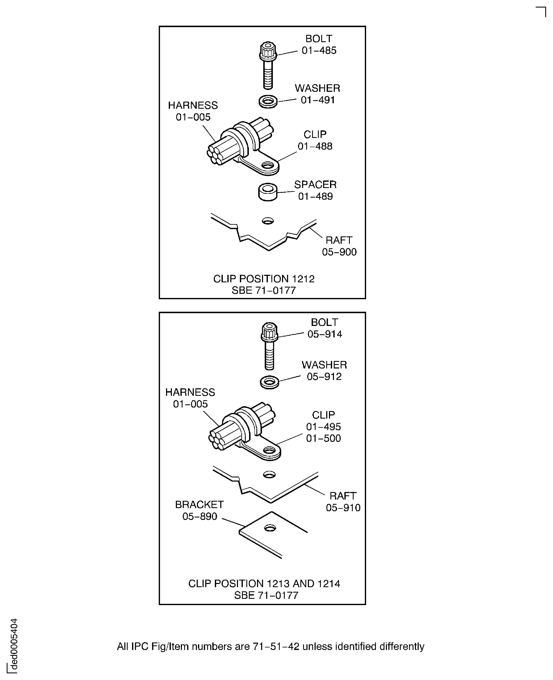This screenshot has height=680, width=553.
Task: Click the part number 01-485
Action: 319,50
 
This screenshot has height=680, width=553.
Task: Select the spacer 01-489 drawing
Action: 268,192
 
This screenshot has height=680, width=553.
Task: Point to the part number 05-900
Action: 339,252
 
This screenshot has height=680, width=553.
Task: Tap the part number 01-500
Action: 323,438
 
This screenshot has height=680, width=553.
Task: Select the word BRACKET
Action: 199,505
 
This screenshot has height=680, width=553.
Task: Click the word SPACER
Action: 315,184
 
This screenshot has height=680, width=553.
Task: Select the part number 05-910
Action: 343,508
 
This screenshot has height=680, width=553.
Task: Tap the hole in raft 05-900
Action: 268,221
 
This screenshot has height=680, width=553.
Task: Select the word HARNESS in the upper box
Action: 193,105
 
